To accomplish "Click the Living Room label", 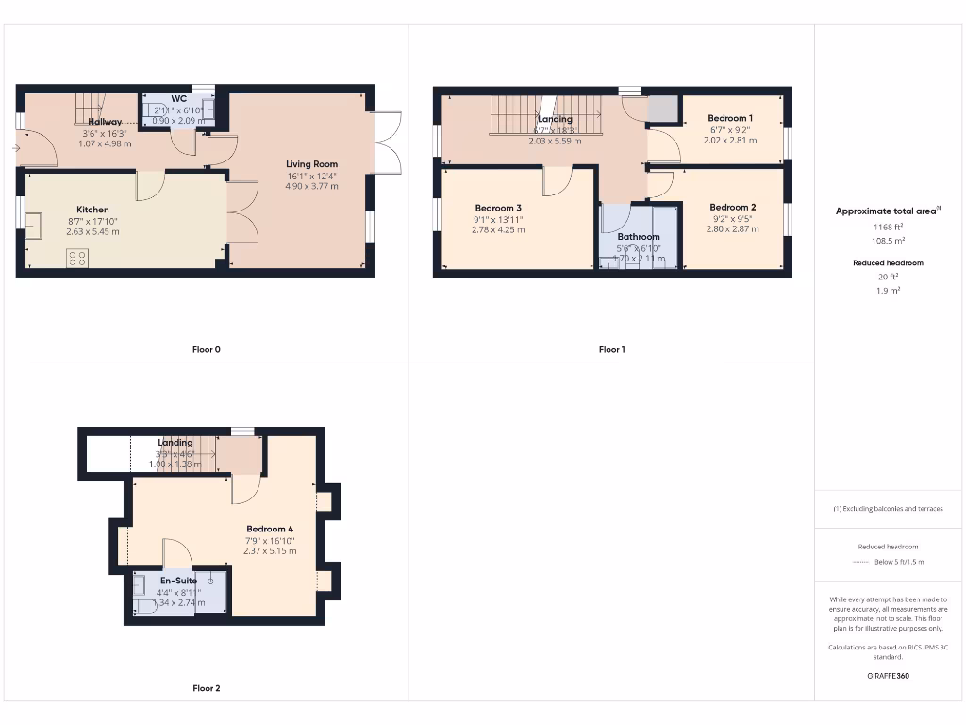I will (x=312, y=164).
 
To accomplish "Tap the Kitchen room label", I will (x=92, y=210).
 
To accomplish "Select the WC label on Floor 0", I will (x=179, y=98).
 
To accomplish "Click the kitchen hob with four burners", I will (x=76, y=257).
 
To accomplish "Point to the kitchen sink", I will (x=34, y=227).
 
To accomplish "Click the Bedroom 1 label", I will (x=730, y=118).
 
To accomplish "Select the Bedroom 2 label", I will (x=732, y=207).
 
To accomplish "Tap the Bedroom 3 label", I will (x=498, y=208).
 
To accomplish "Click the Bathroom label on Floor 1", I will (x=639, y=237).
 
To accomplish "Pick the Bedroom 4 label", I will (x=270, y=529).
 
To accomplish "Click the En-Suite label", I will (x=178, y=581).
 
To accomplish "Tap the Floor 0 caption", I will (x=207, y=349).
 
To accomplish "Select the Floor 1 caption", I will (x=611, y=349).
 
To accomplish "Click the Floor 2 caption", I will (x=207, y=688).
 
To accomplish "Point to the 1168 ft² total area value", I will (x=889, y=227).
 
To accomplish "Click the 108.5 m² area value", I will (x=889, y=241).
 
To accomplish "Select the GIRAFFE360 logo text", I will (x=889, y=676).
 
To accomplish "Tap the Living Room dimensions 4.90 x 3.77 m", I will (x=312, y=187).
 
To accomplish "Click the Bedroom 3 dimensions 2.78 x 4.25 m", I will (x=498, y=229).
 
